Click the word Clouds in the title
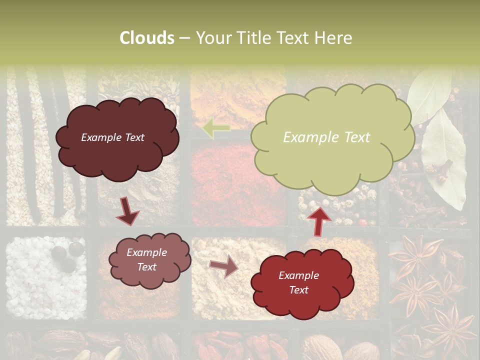147,38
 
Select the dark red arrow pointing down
127,210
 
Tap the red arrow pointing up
318,220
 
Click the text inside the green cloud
326,137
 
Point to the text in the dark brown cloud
112,137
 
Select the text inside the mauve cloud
146,260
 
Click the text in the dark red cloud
298,282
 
